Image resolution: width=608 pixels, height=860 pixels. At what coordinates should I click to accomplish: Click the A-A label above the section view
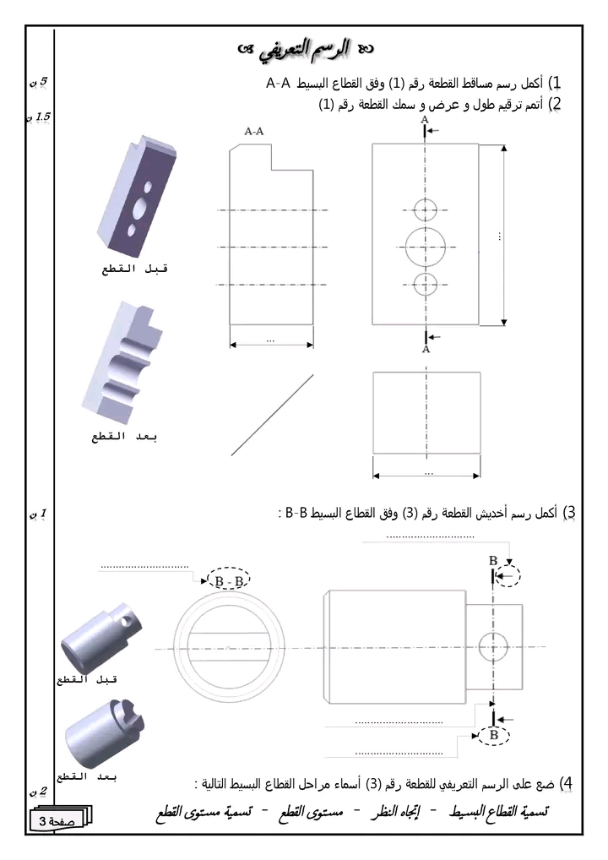pyautogui.click(x=254, y=132)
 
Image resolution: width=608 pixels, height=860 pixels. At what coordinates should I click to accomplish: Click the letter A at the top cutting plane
pyautogui.click(x=424, y=121)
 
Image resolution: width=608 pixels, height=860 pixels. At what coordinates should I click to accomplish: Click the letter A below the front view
pyautogui.click(x=426, y=348)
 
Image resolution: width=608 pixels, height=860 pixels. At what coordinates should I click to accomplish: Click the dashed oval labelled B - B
pyautogui.click(x=229, y=581)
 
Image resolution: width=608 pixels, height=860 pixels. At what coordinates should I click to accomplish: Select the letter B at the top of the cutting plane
pyautogui.click(x=493, y=560)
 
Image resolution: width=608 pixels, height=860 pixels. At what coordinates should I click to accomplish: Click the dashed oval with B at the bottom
pyautogui.click(x=493, y=736)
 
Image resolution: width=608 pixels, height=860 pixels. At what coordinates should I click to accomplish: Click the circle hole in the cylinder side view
pyautogui.click(x=491, y=647)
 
